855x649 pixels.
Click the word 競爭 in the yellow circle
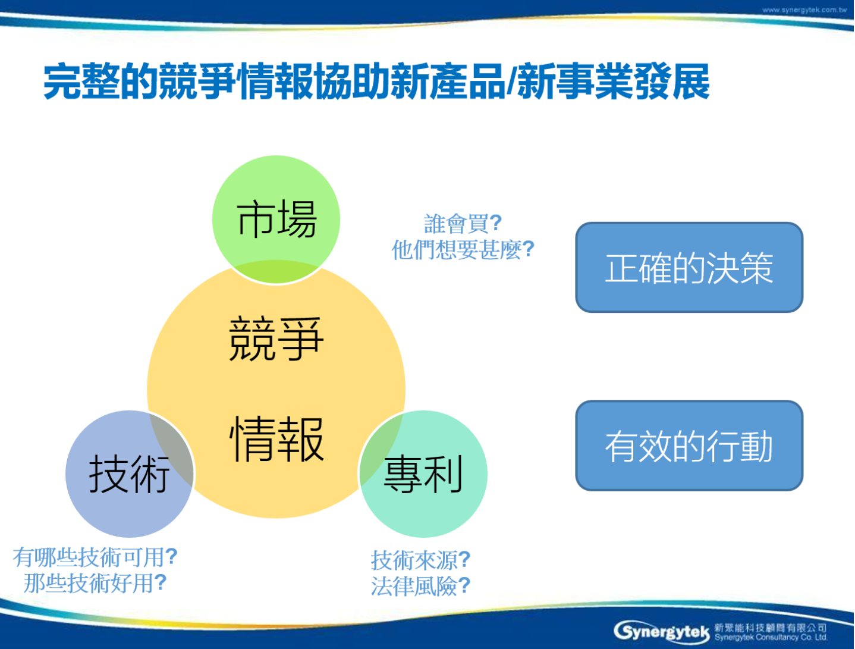276,339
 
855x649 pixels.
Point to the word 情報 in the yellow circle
276,438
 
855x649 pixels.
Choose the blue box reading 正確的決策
689,267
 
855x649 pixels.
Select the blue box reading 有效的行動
689,446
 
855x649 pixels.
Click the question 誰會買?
463,224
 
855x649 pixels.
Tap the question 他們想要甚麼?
463,249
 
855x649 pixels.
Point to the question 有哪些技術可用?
95,557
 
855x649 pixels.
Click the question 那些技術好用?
95,583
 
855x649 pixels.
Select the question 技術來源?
421,560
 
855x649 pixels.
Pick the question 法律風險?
421,586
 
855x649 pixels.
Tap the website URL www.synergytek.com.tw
804,10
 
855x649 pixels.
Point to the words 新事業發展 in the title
614,81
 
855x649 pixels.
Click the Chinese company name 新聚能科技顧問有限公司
771,628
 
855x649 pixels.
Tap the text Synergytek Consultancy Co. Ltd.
771,637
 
